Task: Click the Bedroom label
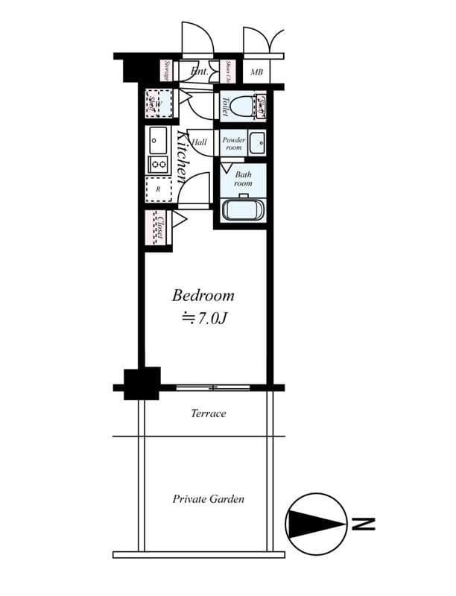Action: click(203, 296)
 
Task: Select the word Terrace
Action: click(208, 413)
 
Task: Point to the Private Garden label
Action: click(209, 499)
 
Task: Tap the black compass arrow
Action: click(314, 525)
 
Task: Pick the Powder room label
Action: click(234, 143)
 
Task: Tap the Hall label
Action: click(200, 142)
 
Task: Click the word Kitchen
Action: click(183, 156)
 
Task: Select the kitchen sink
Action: click(158, 139)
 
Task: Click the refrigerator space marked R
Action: click(158, 189)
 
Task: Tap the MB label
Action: click(256, 72)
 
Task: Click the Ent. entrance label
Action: click(199, 72)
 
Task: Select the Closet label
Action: click(159, 227)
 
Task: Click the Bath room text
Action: click(243, 179)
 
